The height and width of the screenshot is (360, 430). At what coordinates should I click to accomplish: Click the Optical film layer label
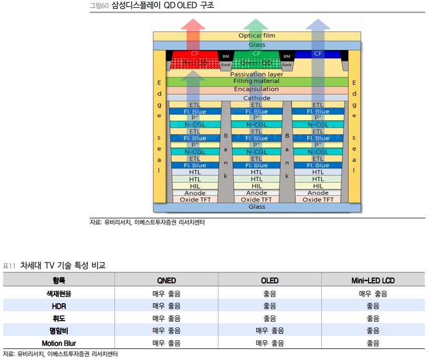(257, 36)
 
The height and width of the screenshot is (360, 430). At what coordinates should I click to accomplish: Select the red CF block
(195, 54)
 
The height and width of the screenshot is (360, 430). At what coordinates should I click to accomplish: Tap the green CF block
(257, 54)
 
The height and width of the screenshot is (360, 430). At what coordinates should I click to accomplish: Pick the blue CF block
(318, 54)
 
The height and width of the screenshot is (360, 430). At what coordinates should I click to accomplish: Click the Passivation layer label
(257, 74)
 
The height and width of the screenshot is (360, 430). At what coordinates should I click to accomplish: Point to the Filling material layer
(257, 81)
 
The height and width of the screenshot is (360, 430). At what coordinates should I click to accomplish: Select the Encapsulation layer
(257, 90)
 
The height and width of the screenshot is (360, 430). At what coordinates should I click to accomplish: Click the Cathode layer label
(257, 98)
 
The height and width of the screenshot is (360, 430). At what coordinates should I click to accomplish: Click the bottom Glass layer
(257, 207)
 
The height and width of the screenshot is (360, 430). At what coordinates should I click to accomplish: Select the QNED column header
(166, 280)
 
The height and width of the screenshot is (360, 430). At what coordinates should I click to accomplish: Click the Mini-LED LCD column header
(373, 280)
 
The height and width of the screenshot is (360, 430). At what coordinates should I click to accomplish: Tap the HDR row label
(59, 306)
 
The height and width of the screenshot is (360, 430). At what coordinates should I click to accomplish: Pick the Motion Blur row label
(59, 344)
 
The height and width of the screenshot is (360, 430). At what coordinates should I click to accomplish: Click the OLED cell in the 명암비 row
(270, 331)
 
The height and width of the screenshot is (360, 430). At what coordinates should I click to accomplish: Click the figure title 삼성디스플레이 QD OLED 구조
(163, 6)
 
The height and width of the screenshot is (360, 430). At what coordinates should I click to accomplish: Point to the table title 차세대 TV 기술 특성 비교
(63, 266)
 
